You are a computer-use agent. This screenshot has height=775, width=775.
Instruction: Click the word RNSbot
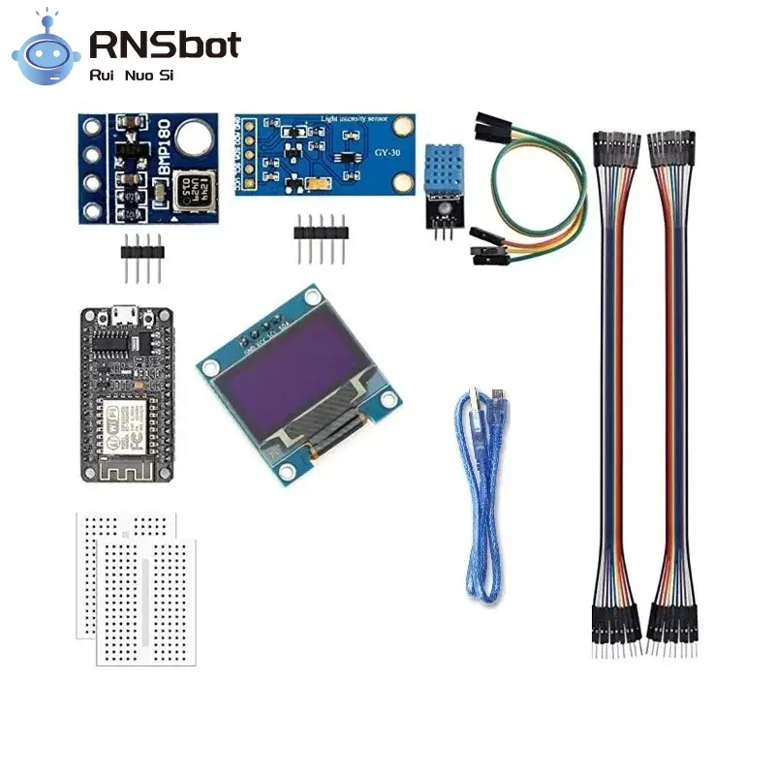coord(165,44)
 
